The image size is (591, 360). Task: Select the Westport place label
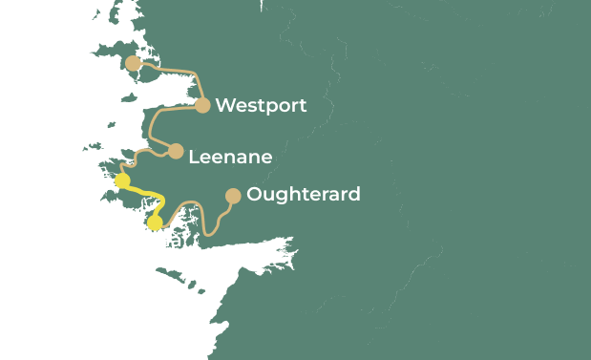[x=261, y=106]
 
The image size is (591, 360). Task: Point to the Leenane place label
[x=230, y=157]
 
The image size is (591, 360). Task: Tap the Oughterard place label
[x=304, y=195]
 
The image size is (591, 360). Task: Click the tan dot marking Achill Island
[x=134, y=64]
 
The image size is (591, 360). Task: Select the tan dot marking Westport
[x=202, y=105]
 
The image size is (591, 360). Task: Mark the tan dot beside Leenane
[x=176, y=151]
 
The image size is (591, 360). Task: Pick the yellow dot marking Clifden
[x=122, y=180]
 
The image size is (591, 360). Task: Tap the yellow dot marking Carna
[x=155, y=222]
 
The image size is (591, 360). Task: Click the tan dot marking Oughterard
[x=232, y=196]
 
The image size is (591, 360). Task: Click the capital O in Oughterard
[x=255, y=195]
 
